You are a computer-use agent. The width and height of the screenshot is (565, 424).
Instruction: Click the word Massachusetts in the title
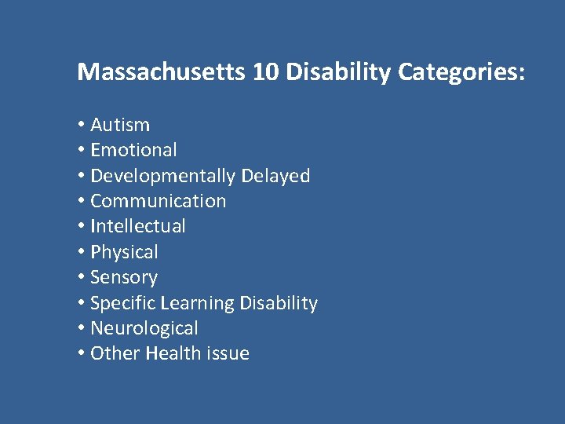[162, 73]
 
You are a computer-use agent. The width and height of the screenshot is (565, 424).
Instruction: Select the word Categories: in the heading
[462, 73]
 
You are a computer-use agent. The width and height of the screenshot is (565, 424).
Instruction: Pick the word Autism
[120, 125]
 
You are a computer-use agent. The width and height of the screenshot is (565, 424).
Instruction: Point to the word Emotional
[133, 150]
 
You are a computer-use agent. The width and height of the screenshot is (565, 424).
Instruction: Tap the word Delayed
[275, 176]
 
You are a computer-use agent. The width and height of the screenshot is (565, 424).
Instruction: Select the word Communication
[158, 201]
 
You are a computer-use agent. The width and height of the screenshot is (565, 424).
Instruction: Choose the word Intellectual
[138, 227]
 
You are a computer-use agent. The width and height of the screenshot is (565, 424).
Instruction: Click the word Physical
[124, 252]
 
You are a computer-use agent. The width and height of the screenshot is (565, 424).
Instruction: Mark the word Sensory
[124, 278]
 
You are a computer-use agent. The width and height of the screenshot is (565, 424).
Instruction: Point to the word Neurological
[144, 328]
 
